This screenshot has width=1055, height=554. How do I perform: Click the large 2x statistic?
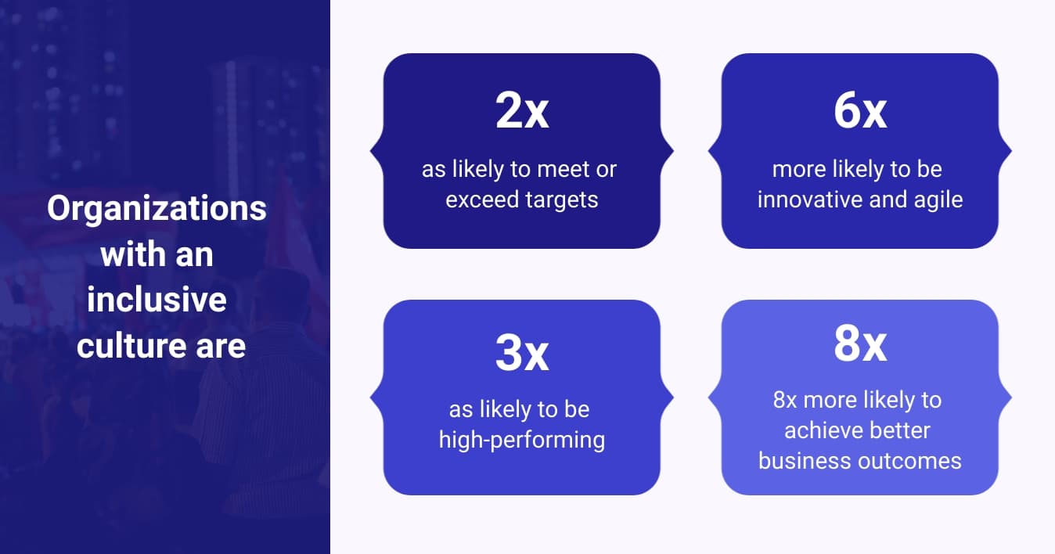(x=521, y=112)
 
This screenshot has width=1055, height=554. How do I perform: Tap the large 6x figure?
(x=859, y=112)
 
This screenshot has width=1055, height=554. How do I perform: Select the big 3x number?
(x=521, y=354)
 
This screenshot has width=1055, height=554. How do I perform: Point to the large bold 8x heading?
(x=859, y=344)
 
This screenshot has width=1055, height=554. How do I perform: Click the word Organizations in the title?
(x=157, y=209)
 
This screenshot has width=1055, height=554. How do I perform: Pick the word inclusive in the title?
(x=157, y=300)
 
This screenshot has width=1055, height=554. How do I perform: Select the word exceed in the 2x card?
(x=479, y=200)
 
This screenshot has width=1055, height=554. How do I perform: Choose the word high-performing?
(x=521, y=440)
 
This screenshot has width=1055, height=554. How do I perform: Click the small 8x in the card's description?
(x=785, y=400)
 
